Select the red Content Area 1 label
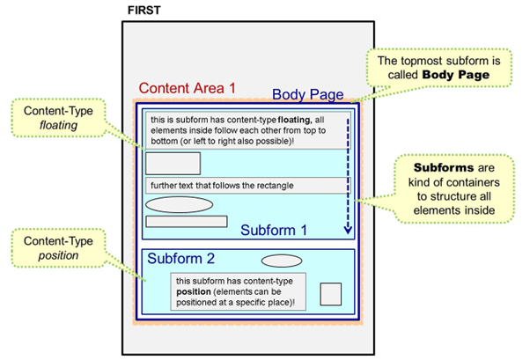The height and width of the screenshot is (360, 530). click(188, 88)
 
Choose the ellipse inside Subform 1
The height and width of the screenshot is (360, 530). click(179, 205)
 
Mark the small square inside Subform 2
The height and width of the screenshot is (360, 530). click(330, 294)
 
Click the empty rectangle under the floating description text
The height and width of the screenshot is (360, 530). click(173, 164)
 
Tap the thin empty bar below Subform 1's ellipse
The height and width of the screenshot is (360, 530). click(187, 221)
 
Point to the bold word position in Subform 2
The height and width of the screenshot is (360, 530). click(195, 291)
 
